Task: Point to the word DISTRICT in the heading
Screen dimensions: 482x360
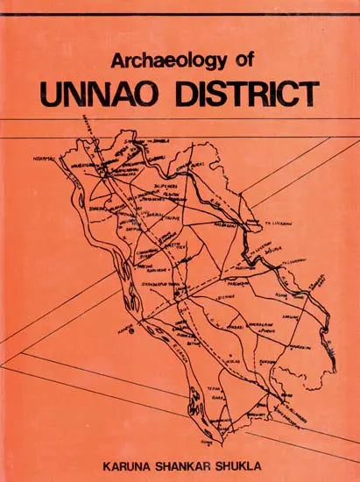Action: coord(245,92)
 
